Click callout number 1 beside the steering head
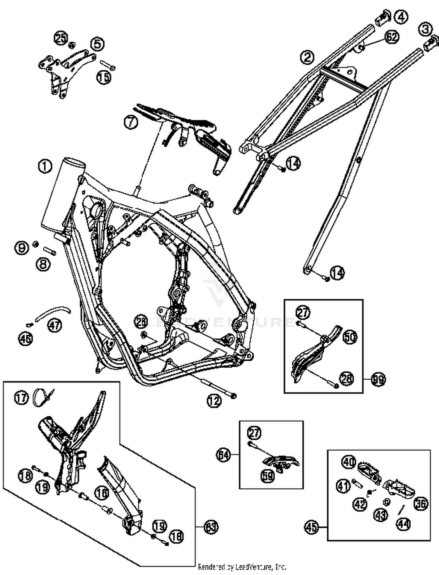click(x=45, y=167)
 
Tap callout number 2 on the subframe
click(x=307, y=57)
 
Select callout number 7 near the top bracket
click(x=131, y=122)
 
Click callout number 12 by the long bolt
click(x=214, y=401)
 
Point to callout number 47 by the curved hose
click(x=55, y=324)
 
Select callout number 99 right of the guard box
click(x=378, y=379)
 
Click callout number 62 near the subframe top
click(x=392, y=37)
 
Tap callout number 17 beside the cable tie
click(x=21, y=398)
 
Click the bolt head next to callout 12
click(x=233, y=396)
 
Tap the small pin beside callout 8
click(x=50, y=251)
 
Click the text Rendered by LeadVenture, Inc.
click(x=242, y=567)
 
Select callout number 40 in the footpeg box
click(x=349, y=462)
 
